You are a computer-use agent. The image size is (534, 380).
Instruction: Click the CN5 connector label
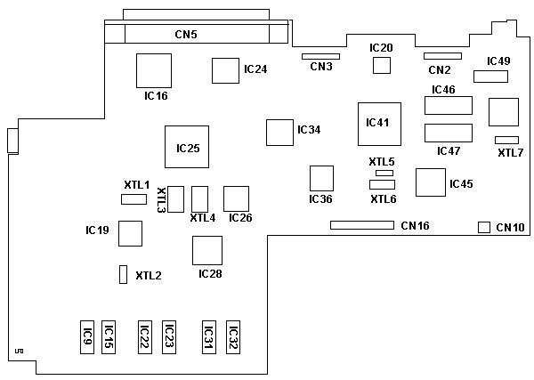coord(186,35)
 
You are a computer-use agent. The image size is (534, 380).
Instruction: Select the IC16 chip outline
coord(153,70)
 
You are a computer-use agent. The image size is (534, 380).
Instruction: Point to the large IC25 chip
coord(187,147)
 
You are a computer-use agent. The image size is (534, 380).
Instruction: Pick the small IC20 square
coord(382,66)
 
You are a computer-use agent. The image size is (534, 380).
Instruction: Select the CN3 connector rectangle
coord(321,55)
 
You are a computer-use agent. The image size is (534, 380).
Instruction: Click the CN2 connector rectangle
coord(442,56)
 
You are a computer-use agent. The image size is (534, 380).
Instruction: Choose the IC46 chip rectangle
coord(448,106)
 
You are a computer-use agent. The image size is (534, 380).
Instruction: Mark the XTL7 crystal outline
coord(506,140)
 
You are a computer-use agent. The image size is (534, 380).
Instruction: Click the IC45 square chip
coord(431,182)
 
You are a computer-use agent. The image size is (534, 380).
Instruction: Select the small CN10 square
coord(484,227)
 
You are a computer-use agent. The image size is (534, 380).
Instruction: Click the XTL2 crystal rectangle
coord(123,275)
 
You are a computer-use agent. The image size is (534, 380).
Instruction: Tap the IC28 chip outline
coord(207,250)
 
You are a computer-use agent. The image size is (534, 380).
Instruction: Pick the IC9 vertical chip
coord(87,337)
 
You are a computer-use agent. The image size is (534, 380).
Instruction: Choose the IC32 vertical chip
coord(233,337)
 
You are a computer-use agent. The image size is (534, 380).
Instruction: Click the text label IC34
coord(309,130)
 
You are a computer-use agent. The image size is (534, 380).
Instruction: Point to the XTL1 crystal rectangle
coord(133,198)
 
